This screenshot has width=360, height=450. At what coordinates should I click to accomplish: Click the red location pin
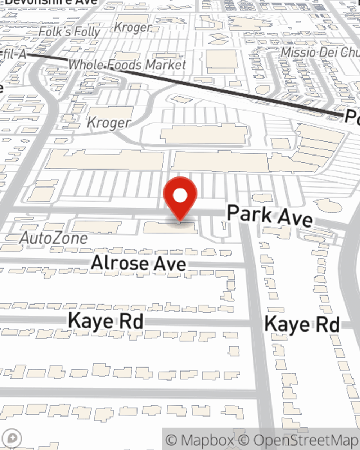coord(180,196)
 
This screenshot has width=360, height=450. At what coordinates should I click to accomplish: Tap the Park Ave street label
coord(270,215)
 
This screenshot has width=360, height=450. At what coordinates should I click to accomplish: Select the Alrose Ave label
coord(139,263)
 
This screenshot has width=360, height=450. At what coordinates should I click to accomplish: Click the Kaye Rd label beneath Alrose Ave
coord(105,321)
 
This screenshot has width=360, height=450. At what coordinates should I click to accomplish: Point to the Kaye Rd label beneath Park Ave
coord(302,324)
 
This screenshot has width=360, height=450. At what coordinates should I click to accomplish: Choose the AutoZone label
coord(54,238)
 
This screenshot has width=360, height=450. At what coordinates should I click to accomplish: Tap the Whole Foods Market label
coord(127,65)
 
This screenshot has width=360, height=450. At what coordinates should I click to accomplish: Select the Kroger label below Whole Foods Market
coord(108,123)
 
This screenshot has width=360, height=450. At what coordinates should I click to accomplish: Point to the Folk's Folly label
coord(69,32)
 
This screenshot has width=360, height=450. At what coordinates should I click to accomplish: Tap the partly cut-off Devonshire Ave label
coord(50,2)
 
